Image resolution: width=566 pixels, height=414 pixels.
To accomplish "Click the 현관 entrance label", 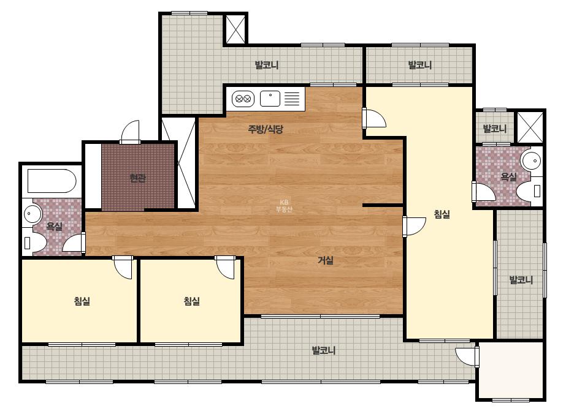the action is [x=138, y=178].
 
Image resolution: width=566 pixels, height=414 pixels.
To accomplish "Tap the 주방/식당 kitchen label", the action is [x=266, y=129].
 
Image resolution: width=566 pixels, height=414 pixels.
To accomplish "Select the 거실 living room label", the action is [x=325, y=260].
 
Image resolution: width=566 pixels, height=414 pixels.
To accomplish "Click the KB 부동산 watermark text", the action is [x=284, y=206].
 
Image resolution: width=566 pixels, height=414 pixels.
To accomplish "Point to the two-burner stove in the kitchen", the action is [x=243, y=99].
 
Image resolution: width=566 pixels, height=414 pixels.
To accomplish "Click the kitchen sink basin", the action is [x=270, y=99].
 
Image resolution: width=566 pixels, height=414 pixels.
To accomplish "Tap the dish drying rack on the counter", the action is [x=292, y=99].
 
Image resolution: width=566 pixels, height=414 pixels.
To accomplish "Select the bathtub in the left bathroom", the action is [x=52, y=181].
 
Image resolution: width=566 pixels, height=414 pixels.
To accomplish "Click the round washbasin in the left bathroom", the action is [x=33, y=214].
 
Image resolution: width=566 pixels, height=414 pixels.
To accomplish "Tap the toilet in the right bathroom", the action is [x=530, y=190].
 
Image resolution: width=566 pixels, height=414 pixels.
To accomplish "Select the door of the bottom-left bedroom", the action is [x=123, y=267].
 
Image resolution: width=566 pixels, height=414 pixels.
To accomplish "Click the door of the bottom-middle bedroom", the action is [x=225, y=267].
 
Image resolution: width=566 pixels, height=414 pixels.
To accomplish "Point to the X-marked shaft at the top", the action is [x=235, y=29].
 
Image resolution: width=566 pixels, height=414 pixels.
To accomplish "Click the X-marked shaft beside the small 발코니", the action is [x=530, y=127].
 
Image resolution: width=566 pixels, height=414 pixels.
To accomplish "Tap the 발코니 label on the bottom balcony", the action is [x=324, y=350].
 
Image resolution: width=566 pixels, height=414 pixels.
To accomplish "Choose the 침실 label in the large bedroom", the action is [x=442, y=214].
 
